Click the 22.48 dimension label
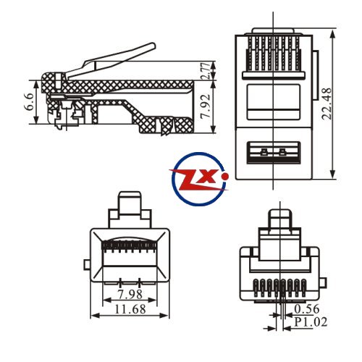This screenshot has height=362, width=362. [327, 104]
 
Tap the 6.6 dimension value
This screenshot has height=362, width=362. [30, 101]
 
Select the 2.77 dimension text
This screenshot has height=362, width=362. [206, 71]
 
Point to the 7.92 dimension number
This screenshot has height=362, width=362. [206, 106]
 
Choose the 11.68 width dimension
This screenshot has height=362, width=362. [130, 309]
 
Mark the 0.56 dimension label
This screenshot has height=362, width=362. [307, 309]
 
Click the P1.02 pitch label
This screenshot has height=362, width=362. [311, 322]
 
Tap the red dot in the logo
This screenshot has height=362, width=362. [226, 177]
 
